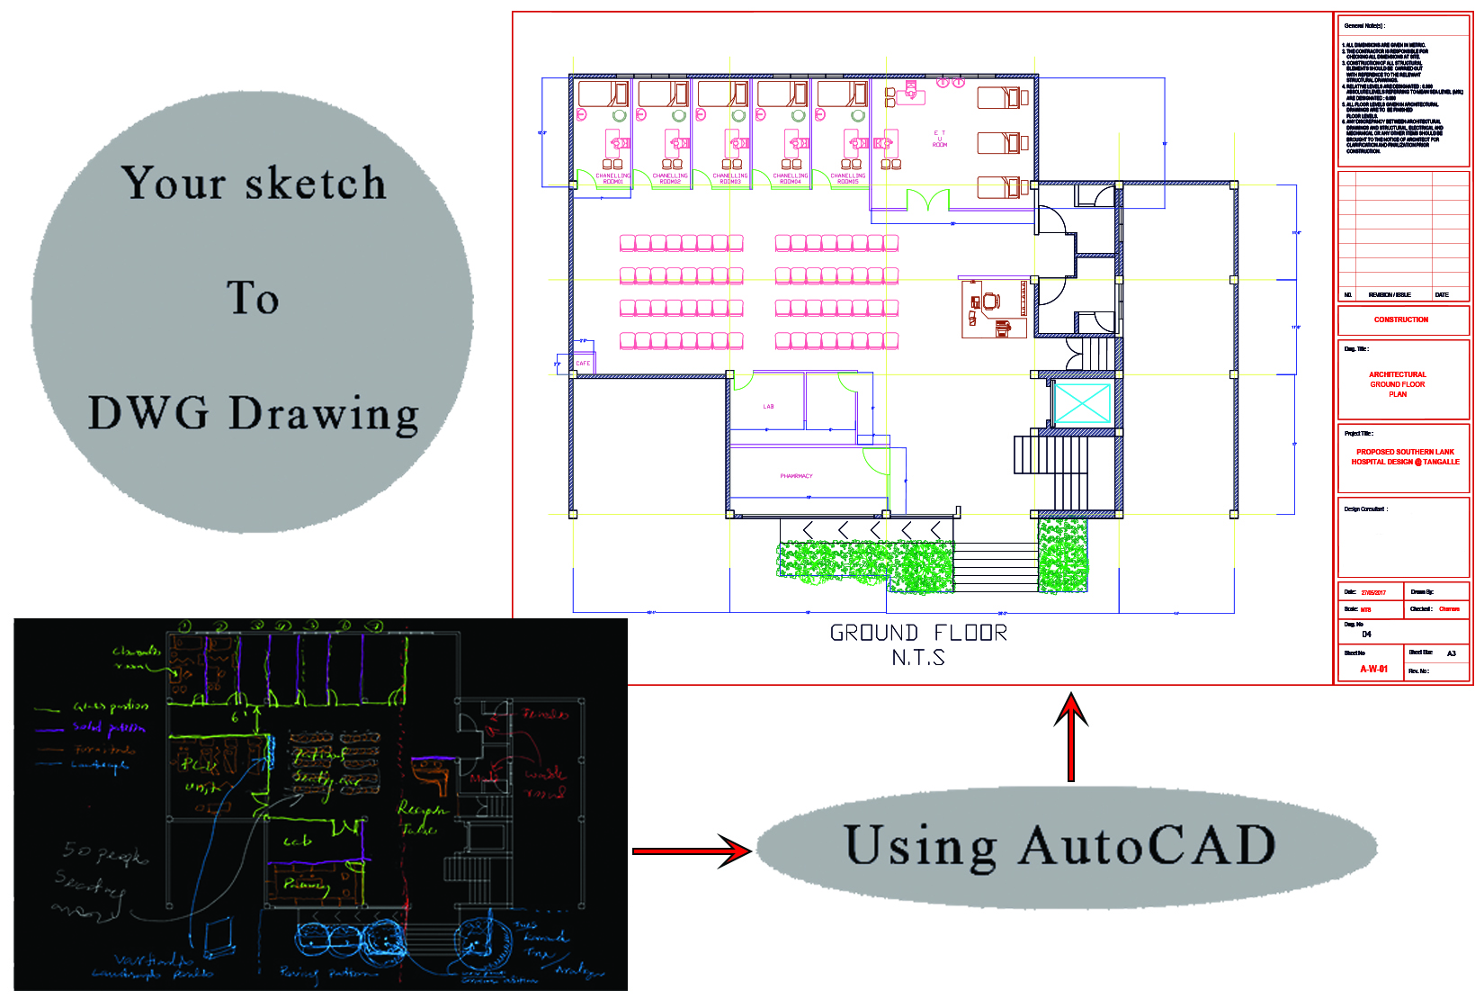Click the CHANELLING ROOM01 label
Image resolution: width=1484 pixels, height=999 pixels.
click(612, 178)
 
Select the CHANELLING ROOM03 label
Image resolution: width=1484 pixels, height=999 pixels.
click(730, 178)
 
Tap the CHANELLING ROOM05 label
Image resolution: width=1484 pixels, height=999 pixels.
click(847, 178)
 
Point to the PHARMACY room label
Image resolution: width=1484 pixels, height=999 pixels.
click(796, 476)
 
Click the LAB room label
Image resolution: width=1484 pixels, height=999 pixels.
click(768, 407)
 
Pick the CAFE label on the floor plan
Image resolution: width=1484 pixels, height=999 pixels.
click(583, 364)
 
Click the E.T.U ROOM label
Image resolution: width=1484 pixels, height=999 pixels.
click(940, 139)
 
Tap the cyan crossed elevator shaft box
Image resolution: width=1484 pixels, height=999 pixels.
click(1082, 402)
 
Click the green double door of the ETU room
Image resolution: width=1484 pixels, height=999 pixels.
click(927, 200)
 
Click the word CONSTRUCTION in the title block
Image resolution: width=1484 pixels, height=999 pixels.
click(1400, 319)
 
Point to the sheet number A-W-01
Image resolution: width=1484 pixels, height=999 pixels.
click(1373, 669)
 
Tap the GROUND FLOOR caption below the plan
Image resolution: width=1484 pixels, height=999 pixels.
click(918, 634)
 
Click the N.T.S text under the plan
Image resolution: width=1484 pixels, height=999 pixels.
click(918, 658)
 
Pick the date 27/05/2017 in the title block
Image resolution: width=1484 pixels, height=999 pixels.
click(1373, 592)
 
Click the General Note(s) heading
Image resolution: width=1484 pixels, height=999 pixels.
click(1364, 26)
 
